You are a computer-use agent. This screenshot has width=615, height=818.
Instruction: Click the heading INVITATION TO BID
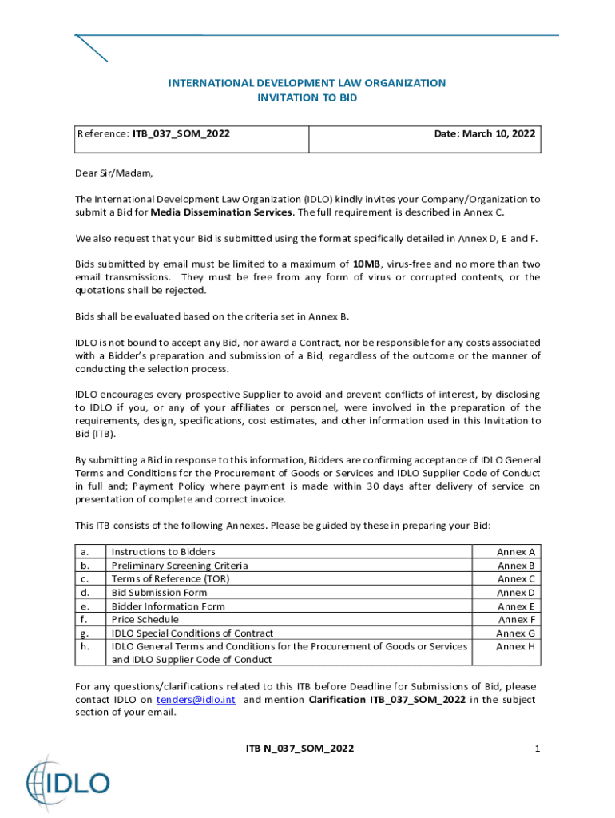point(307,98)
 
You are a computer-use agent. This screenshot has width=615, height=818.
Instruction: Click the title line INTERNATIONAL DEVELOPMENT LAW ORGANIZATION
point(307,83)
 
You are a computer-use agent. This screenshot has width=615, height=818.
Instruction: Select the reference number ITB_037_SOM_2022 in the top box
point(181,134)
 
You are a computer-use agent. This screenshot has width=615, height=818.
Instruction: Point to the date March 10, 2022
point(485,134)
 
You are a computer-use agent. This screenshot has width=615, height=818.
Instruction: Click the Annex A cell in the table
point(516,552)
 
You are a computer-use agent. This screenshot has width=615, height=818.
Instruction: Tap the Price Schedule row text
point(145,619)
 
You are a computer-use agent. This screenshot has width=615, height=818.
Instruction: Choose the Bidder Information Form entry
point(168,606)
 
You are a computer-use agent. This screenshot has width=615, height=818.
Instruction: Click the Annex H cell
point(516,646)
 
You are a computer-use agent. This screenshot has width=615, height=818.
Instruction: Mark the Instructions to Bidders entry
point(163,552)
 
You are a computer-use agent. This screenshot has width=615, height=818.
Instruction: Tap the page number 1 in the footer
point(538,749)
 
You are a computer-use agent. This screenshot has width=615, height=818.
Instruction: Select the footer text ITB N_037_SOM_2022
point(300,749)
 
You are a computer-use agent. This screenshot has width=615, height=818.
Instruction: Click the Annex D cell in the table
point(516,593)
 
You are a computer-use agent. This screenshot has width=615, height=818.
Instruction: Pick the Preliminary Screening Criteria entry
point(180,566)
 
